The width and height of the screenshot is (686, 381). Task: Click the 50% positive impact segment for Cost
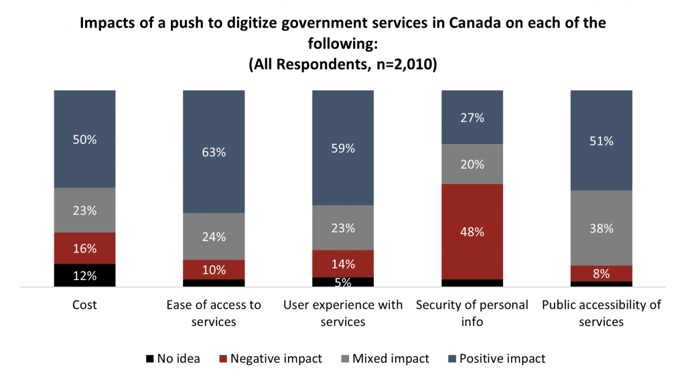coord(85,139)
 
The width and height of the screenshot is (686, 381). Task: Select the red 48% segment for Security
coord(472,232)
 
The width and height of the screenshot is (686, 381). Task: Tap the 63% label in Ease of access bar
coord(214,152)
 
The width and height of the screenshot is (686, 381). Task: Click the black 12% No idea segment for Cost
coord(85,275)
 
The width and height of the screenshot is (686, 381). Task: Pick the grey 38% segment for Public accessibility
coord(601,228)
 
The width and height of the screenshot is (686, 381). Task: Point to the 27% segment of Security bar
coord(472,118)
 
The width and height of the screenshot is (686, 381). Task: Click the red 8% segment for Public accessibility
coord(601,273)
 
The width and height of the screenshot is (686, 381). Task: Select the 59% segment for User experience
coord(343,148)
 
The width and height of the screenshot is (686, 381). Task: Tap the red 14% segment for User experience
coord(343,263)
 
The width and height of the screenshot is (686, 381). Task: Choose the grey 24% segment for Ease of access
coord(214,236)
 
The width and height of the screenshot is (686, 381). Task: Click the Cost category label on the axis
coord(85,305)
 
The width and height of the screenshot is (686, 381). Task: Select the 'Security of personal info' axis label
coord(472,313)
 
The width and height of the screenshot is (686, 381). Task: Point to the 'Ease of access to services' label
coord(214,313)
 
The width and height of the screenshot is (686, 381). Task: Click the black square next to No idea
coord(149,359)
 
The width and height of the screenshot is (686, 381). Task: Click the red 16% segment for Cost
coord(85,248)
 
